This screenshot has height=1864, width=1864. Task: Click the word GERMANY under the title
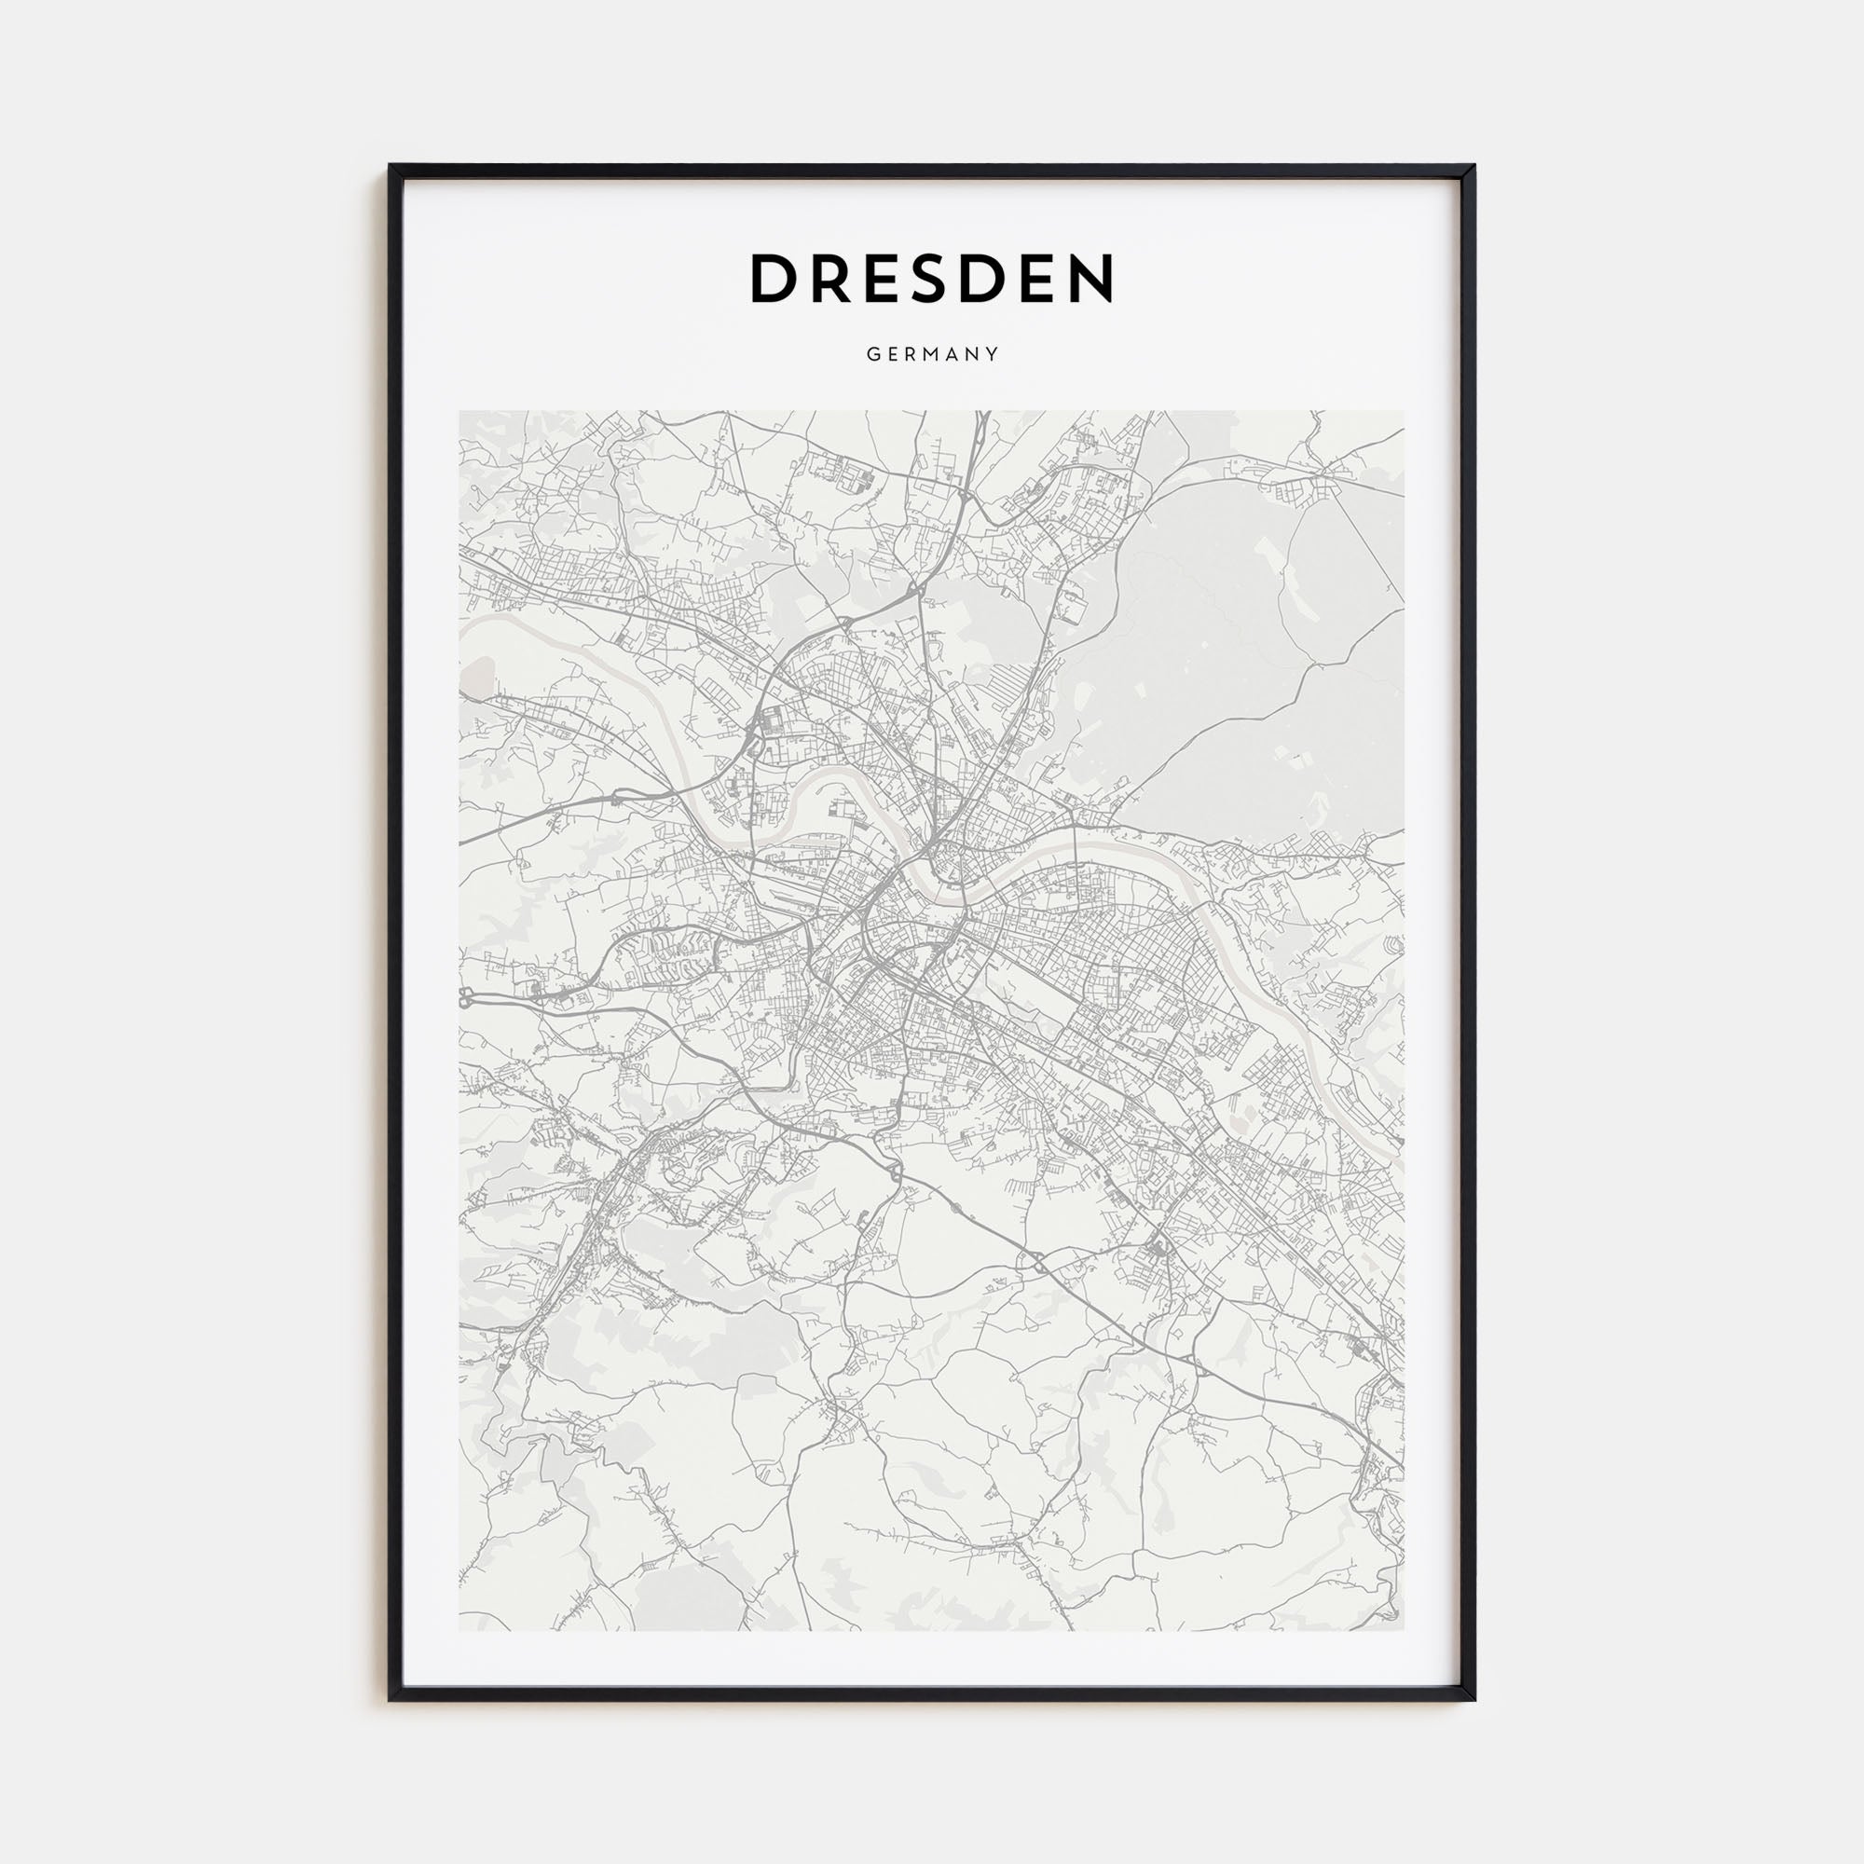point(932,355)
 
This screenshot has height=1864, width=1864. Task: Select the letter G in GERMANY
point(871,355)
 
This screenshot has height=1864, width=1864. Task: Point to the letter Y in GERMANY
point(993,355)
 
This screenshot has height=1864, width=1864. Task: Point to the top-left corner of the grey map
point(460,412)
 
